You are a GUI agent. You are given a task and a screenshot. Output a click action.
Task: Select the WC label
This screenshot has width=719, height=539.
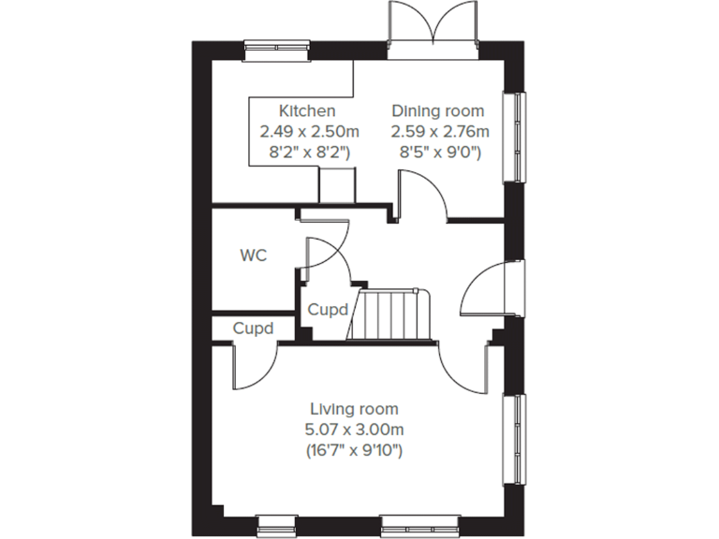coord(254,255)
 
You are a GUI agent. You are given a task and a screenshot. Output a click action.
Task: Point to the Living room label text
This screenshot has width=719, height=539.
coord(354,409)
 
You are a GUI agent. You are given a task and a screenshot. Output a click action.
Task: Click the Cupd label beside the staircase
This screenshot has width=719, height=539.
coord(328,309)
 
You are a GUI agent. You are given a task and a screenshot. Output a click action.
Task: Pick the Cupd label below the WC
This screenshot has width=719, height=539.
coord(253,329)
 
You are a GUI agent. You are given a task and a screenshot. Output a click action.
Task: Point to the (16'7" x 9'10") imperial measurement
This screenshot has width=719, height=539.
coord(354,451)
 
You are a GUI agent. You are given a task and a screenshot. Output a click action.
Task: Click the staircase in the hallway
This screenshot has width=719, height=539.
coord(389,315)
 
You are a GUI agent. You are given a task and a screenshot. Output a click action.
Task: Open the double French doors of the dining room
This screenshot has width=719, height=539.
coord(434,26)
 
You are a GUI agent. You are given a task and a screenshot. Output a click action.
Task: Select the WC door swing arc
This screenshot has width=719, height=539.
coord(327,253)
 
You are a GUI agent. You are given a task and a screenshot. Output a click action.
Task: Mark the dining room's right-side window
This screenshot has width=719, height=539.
coord(514,137)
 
